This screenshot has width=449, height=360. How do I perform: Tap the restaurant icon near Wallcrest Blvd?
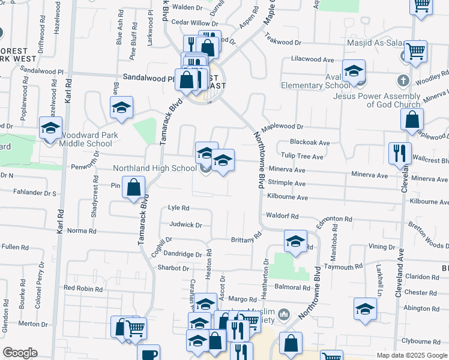[399, 153]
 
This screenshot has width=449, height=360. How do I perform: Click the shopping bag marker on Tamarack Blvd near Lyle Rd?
[133, 188]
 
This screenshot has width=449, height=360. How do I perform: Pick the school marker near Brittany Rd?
[295, 241]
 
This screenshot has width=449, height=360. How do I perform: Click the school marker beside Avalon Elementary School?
[354, 71]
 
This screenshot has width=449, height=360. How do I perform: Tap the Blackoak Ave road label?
[310, 143]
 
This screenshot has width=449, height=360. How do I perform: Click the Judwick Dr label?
[186, 225]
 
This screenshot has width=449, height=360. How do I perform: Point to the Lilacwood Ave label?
[312, 60]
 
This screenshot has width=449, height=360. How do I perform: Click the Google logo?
[20, 353]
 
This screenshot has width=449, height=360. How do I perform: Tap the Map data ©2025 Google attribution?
[412, 355]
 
